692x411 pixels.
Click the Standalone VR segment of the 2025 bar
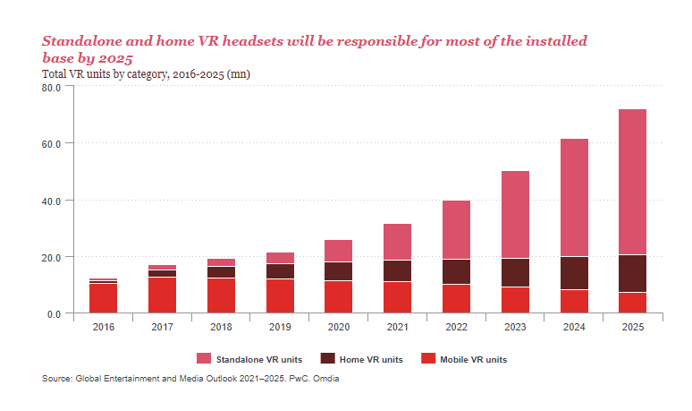click(632, 182)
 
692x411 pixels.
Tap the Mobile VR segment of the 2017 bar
click(162, 295)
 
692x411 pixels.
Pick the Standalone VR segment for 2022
click(457, 230)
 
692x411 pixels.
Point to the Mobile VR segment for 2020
click(338, 297)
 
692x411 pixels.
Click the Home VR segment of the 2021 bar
click(397, 271)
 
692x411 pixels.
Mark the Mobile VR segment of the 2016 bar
click(103, 298)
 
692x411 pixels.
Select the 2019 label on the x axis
click(280, 328)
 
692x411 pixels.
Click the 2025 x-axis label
click(632, 328)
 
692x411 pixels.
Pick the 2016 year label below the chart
click(103, 328)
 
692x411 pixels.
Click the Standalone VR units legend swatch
click(203, 359)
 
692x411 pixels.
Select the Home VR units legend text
click(369, 360)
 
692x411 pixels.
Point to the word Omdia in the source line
click(325, 379)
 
